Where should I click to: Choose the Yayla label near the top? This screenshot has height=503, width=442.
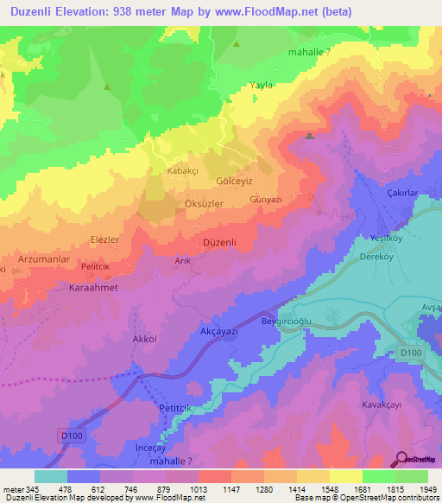pos(261,86)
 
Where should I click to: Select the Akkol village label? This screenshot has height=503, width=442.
pos(144,340)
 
